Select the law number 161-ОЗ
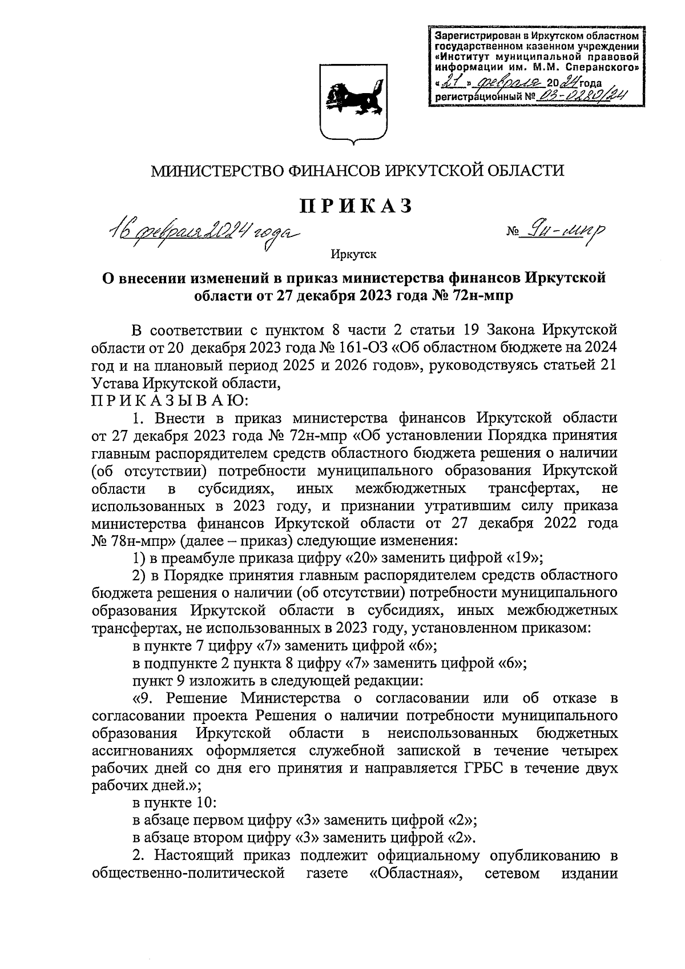pyautogui.click(x=352, y=348)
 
